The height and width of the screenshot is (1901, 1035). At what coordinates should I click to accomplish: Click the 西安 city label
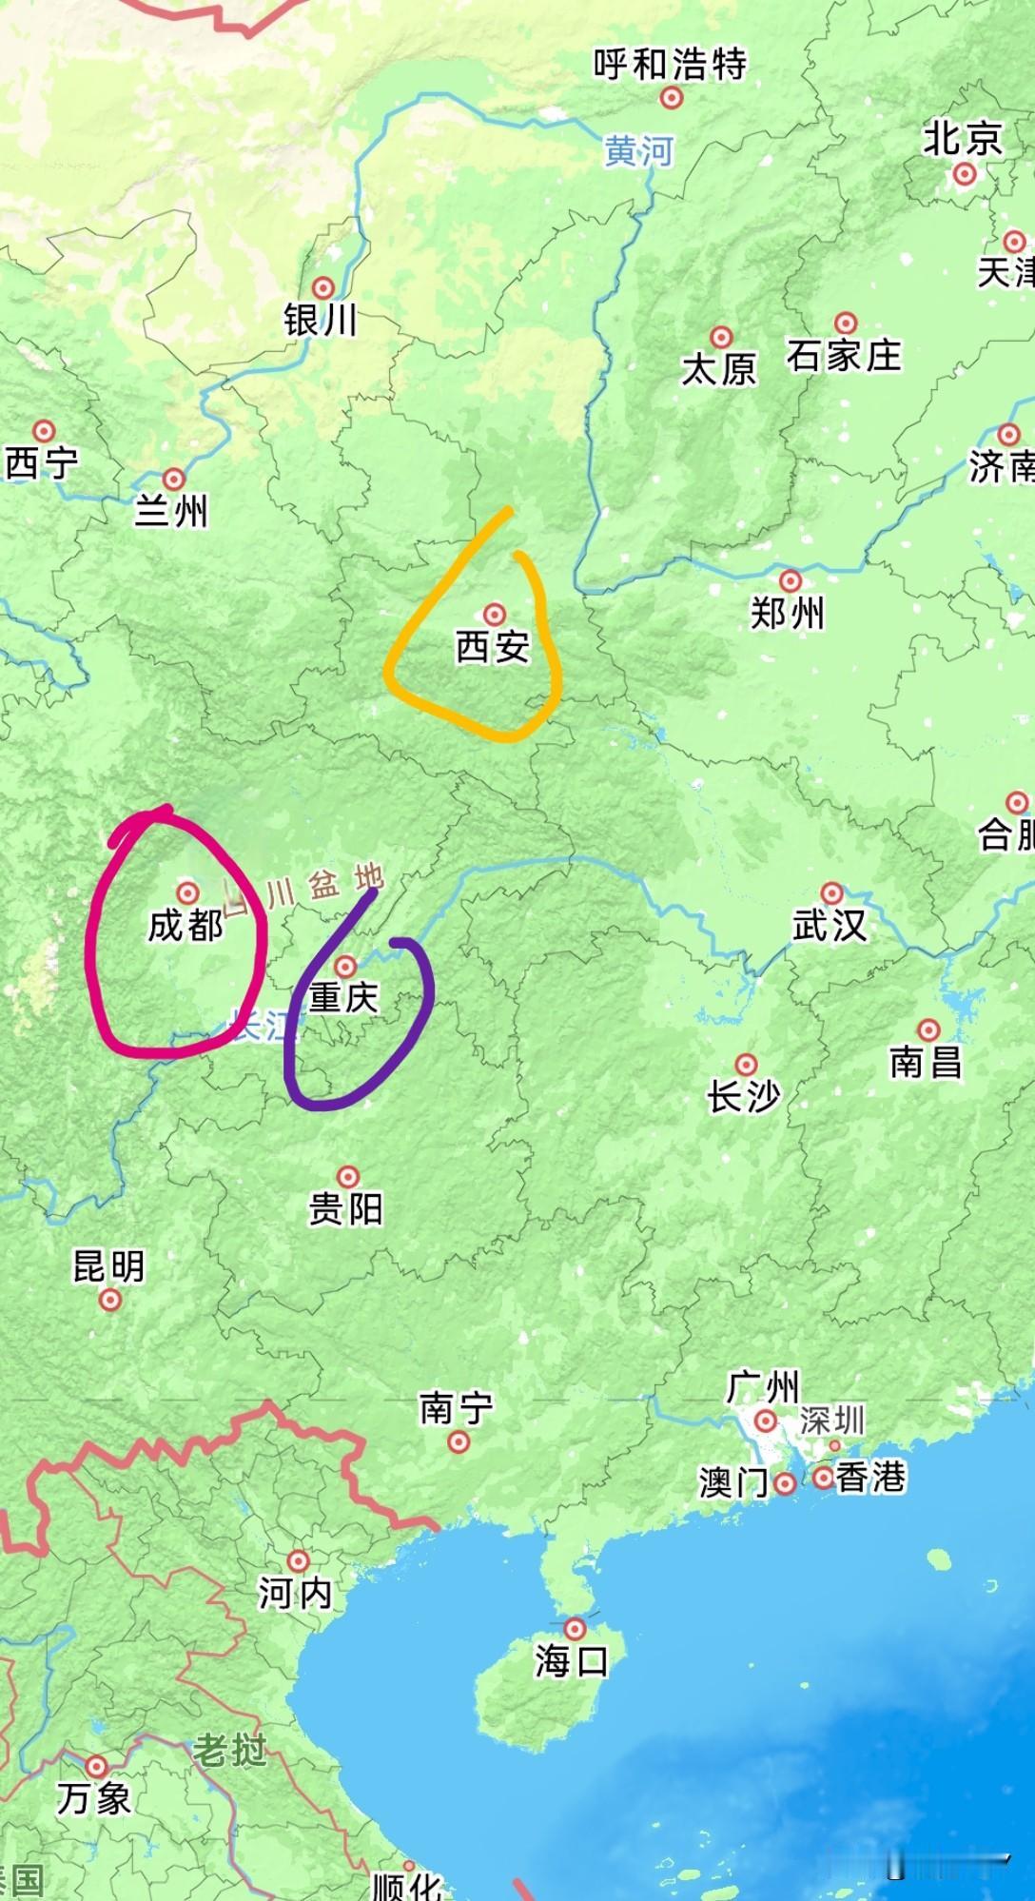click(x=493, y=647)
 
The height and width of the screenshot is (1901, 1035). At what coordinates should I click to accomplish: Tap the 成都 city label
click(x=186, y=925)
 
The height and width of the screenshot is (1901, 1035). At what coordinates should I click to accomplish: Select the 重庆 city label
click(x=343, y=997)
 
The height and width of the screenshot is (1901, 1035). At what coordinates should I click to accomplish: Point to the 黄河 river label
click(x=638, y=151)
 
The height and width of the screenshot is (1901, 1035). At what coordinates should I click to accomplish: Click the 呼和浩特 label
click(x=670, y=65)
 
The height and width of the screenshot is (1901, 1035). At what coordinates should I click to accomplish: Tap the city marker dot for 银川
click(x=323, y=287)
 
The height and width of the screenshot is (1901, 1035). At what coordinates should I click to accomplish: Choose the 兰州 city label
click(x=171, y=512)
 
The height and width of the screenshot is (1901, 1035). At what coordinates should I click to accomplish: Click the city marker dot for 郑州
click(x=790, y=580)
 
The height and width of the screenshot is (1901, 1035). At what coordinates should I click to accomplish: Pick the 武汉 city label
click(x=830, y=925)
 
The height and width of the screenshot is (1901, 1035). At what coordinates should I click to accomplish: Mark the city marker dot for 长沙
click(x=747, y=1064)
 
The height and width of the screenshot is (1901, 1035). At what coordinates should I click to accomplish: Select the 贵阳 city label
click(x=345, y=1209)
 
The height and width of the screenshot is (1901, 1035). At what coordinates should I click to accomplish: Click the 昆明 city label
click(x=109, y=1266)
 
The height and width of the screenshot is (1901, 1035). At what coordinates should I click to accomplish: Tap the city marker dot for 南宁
click(x=459, y=1442)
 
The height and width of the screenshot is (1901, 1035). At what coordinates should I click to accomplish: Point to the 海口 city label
click(x=571, y=1661)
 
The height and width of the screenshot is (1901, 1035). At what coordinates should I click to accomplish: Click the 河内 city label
click(x=295, y=1593)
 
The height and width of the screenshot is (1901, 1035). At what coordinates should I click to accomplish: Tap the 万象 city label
click(x=93, y=1798)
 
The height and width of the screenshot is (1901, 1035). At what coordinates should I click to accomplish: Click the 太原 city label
click(x=718, y=369)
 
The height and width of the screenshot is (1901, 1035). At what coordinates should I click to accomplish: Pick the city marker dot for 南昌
click(x=928, y=1029)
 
